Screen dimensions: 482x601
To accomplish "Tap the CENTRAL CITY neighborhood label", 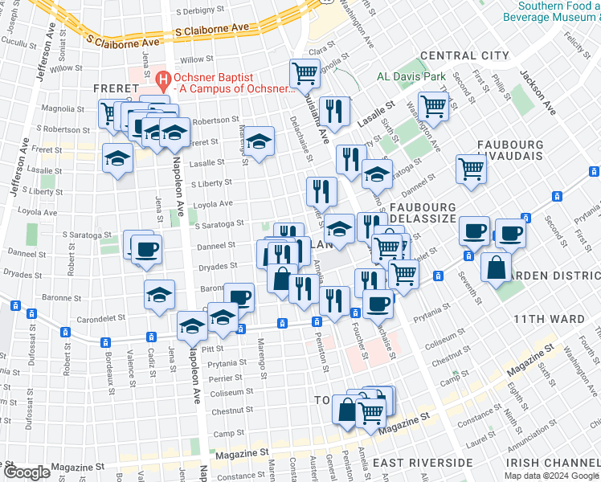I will coord(464,55).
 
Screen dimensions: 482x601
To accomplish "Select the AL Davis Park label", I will coord(411,78).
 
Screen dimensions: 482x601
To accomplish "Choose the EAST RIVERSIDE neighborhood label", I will coord(423,464).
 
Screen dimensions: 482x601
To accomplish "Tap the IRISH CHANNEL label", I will coord(552,464).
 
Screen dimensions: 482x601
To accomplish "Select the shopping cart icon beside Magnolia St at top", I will coord(305,74).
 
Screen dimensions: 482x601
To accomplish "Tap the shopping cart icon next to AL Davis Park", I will coord(433,105).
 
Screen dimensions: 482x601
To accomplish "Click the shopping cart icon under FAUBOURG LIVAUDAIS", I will coord(471,169).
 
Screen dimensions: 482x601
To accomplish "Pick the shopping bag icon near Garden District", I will coord(497,266).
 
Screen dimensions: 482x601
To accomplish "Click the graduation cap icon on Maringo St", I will coord(259,141).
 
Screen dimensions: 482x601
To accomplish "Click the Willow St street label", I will coord(196,60).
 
